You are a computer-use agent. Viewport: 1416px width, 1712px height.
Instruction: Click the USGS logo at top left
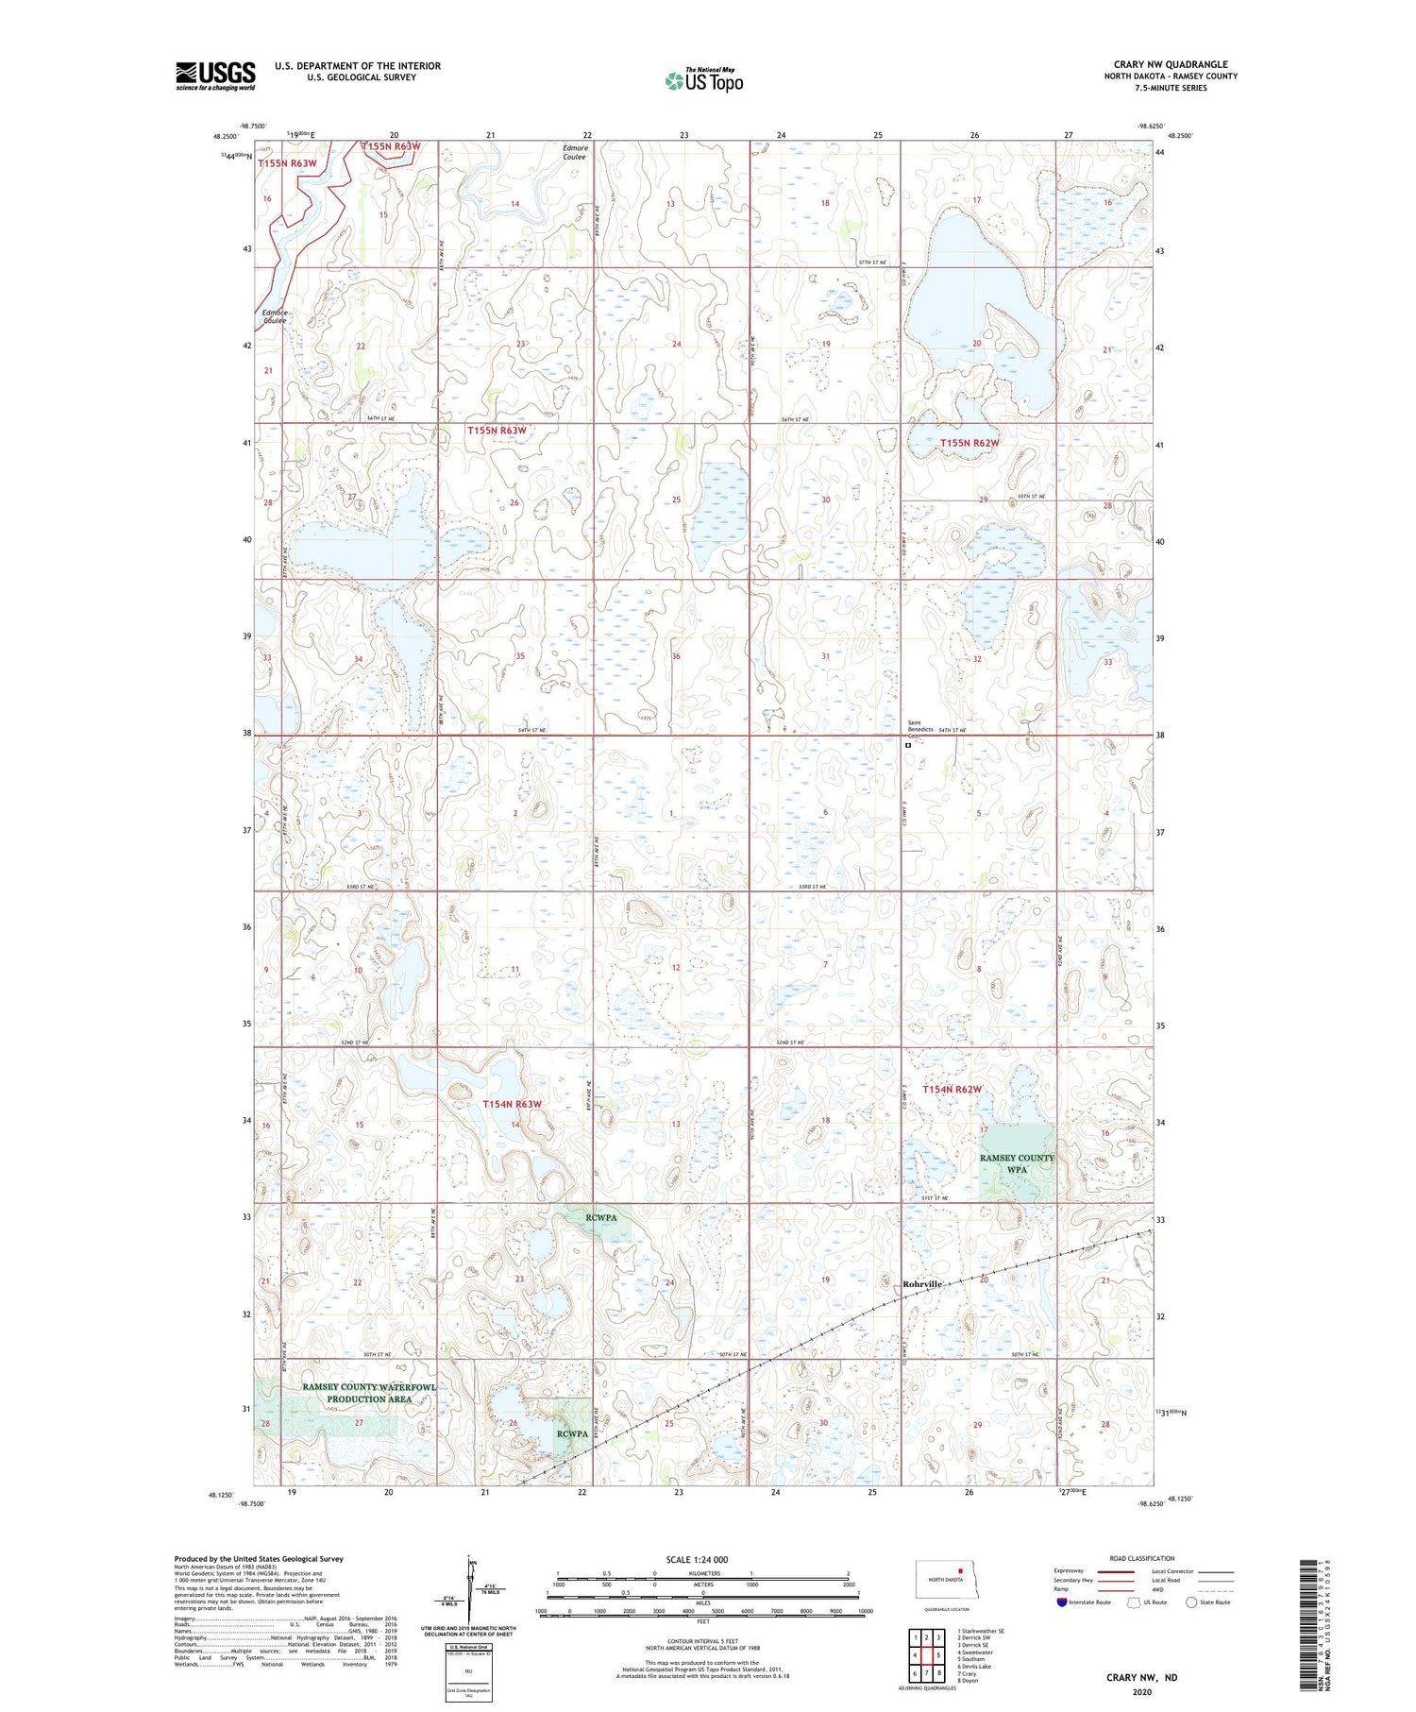[x=215, y=76]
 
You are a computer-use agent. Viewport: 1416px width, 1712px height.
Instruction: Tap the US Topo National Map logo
[x=703, y=80]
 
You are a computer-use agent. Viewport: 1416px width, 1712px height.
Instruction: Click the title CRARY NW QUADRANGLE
[x=1171, y=64]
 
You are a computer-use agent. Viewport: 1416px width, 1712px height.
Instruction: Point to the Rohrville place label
[x=922, y=1284]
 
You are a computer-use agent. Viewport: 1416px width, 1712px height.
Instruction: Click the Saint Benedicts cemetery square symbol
[x=908, y=745]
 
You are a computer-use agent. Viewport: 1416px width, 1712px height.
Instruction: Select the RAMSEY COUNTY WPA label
[x=1016, y=1163]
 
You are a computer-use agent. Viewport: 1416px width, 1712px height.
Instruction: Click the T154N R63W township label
[x=513, y=1104]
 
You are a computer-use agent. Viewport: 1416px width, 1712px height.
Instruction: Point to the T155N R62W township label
[x=969, y=442]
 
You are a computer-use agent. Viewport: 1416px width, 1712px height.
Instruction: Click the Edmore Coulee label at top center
[x=575, y=152]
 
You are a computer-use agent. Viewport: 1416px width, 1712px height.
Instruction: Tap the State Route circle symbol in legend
[x=1191, y=1602]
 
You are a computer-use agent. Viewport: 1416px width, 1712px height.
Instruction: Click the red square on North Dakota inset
[x=960, y=1572]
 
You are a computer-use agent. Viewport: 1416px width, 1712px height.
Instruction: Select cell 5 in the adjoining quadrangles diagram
[x=937, y=1654]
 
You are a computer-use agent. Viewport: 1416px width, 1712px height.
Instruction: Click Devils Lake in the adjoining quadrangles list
[x=975, y=1667]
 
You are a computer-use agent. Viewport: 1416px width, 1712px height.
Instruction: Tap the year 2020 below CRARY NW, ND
[x=1141, y=1691]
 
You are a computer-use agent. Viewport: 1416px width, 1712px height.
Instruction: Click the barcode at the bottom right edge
[x=1306, y=1623]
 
